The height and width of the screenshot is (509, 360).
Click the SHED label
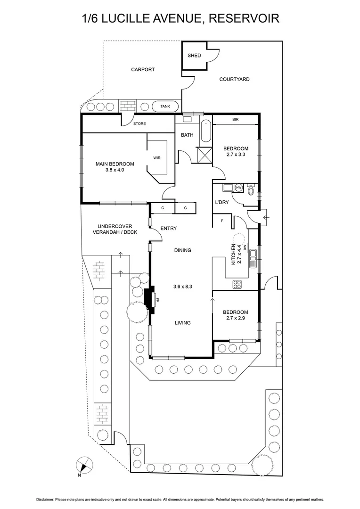pos(194,56)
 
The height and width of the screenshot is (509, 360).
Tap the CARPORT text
pos(143,70)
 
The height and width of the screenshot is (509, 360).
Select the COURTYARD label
pos(234,79)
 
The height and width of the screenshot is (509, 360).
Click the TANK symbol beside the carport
pos(165,107)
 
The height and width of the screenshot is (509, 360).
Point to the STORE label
pos(139,124)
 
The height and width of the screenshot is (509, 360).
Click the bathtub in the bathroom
pos(205,132)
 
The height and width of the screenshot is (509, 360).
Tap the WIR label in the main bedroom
pos(157,158)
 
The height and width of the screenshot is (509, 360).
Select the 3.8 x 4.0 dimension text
pos(115,170)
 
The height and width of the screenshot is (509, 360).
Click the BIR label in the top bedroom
pos(235,120)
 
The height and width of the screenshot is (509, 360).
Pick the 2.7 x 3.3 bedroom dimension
pos(236,155)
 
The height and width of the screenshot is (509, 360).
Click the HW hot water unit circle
pos(238,188)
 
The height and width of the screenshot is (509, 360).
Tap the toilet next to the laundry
pos(251,190)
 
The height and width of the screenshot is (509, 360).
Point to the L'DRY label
pos(221,202)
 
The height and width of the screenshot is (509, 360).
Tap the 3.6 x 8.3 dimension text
pos(182,286)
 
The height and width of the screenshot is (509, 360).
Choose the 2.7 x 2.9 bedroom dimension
pos(235,319)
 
